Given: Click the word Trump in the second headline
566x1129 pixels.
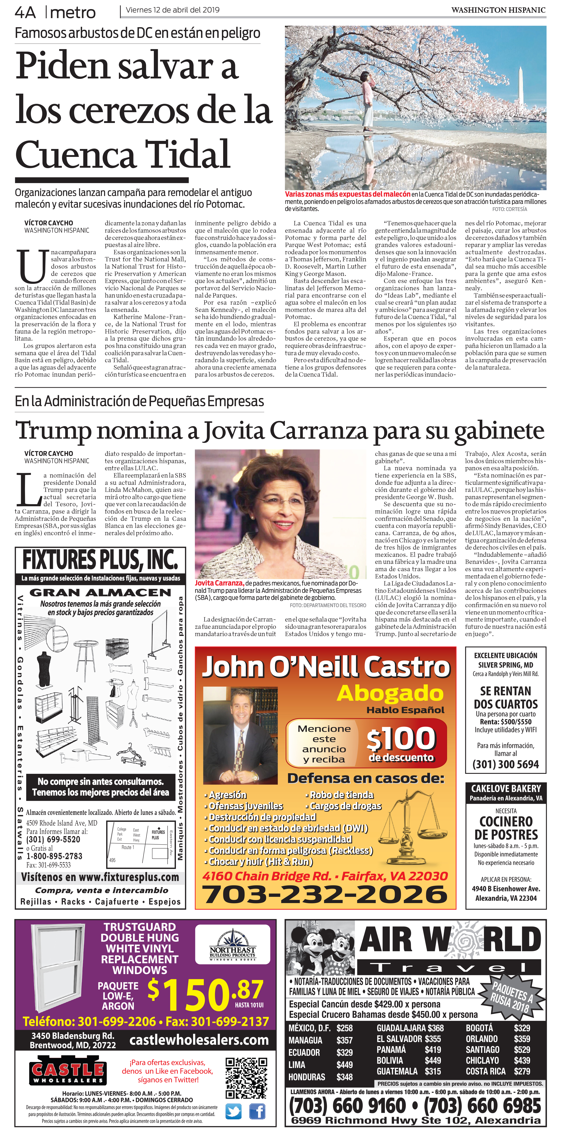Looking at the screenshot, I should click(53, 431).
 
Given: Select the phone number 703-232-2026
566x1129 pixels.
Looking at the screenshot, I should click(325, 894).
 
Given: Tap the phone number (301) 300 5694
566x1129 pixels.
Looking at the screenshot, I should click(505, 764).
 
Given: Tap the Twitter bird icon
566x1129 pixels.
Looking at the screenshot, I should click(233, 1112).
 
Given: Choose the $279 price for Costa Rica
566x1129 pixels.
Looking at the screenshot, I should click(522, 1071).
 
